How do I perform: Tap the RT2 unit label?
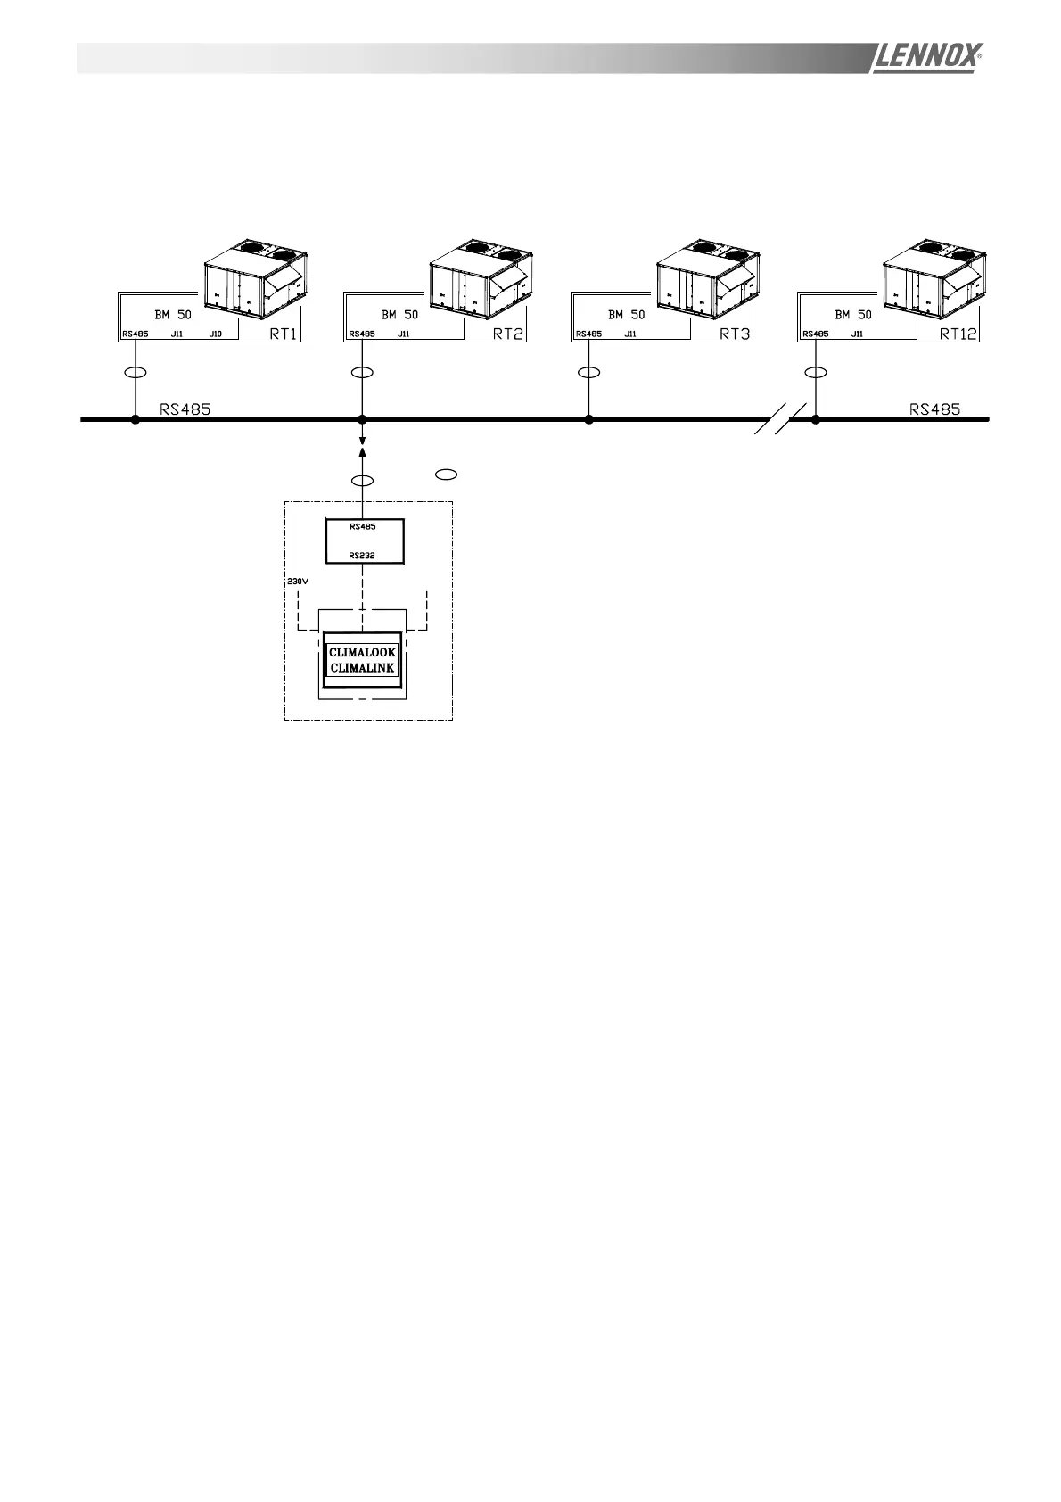tap(509, 334)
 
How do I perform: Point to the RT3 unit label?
tap(735, 334)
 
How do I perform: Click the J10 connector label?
tap(215, 334)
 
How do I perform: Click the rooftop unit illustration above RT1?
tap(256, 278)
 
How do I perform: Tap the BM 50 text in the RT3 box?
tap(626, 315)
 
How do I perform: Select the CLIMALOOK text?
tap(362, 653)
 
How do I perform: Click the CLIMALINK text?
tap(362, 668)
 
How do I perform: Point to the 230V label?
tap(297, 582)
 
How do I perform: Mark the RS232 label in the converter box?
tap(362, 555)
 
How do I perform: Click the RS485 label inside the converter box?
tap(362, 527)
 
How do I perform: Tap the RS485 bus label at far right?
tap(934, 409)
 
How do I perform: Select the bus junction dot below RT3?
tap(588, 419)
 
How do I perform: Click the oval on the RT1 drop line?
tap(136, 372)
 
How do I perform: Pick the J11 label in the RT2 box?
tap(403, 334)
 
